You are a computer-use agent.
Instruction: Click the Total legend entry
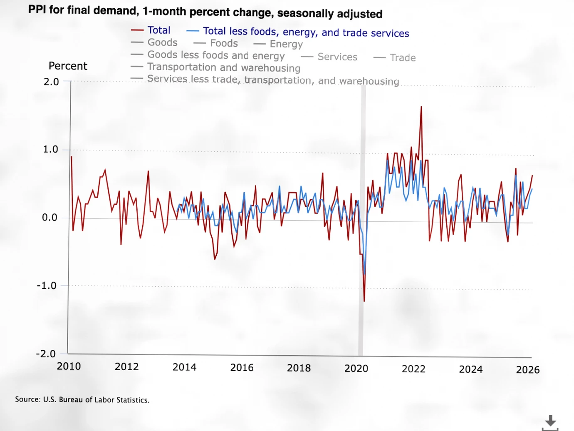tap(158, 30)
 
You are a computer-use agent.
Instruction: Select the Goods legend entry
tap(162, 42)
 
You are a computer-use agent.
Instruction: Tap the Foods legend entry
tap(224, 43)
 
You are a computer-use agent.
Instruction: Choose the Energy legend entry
tap(286, 44)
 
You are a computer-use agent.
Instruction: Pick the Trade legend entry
tap(403, 58)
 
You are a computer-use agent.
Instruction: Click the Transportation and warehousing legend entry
tap(223, 67)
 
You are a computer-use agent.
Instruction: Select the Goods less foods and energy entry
tap(216, 55)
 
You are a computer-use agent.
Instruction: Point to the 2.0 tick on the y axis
tap(51, 82)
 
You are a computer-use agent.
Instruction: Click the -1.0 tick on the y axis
tap(47, 285)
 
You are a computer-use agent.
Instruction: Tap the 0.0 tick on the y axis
tap(49, 218)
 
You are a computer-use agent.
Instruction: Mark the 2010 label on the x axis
tap(69, 366)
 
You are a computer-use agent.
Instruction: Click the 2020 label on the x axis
tap(356, 368)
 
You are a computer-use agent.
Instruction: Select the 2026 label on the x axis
tap(527, 369)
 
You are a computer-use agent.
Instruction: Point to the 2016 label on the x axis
tap(242, 367)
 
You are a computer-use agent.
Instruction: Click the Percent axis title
tap(68, 66)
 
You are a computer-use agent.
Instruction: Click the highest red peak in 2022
tap(421, 107)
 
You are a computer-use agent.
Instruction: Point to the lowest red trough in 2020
tap(364, 300)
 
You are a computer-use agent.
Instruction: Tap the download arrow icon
tap(550, 421)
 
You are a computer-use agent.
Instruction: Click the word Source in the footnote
tap(27, 399)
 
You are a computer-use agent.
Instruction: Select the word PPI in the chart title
tap(37, 9)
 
